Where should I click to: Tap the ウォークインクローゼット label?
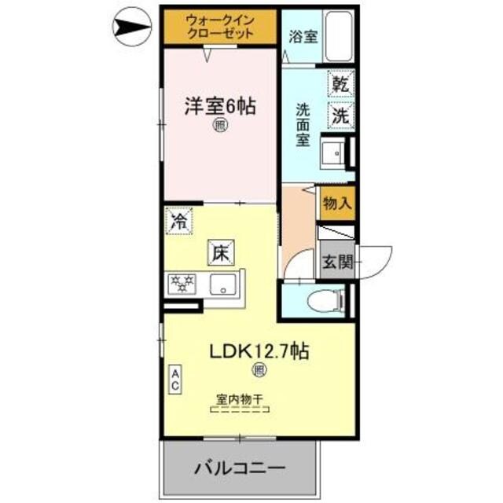pos(220,27)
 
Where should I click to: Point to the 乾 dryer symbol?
pos(342,83)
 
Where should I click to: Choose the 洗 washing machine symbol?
pos(342,115)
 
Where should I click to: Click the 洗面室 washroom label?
pos(302,126)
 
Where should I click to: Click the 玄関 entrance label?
pos(336,263)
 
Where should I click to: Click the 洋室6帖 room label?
pos(220,107)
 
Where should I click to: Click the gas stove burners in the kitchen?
pos(183,283)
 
